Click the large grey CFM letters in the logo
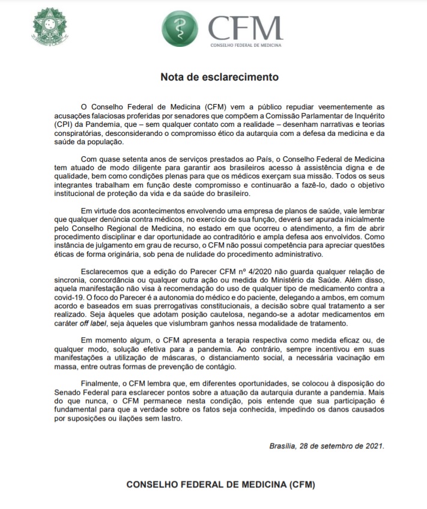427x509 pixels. [245, 28]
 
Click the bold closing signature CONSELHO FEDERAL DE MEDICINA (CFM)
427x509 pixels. [220, 485]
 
